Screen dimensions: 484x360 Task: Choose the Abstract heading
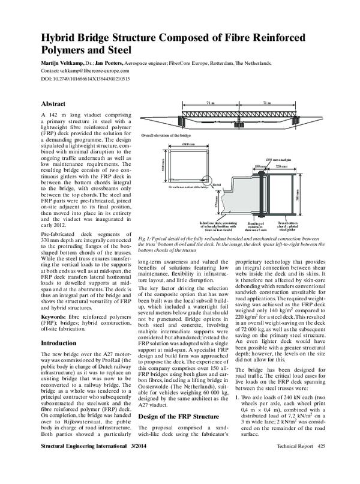(x=53, y=103)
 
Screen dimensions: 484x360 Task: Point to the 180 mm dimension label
(x=259, y=166)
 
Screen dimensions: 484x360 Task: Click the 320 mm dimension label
(x=282, y=166)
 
